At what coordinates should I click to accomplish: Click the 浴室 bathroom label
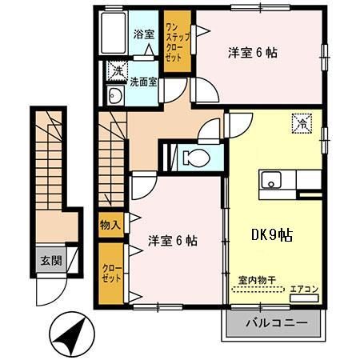pyautogui.click(x=143, y=35)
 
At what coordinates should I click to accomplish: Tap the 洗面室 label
pyautogui.click(x=144, y=80)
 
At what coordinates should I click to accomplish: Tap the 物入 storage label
pyautogui.click(x=110, y=225)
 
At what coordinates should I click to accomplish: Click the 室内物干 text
pyautogui.click(x=257, y=281)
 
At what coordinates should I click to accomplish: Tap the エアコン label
pyautogui.click(x=304, y=289)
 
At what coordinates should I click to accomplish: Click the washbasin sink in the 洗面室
pyautogui.click(x=114, y=98)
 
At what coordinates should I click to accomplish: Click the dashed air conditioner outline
pyautogui.click(x=304, y=298)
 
